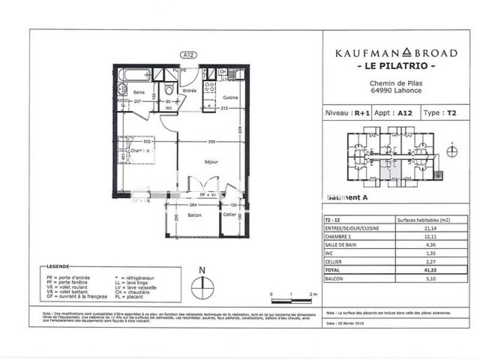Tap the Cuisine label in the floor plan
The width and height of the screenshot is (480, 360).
[231, 97]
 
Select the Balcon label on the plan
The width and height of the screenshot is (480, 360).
[194, 215]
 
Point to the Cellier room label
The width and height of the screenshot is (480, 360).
[229, 215]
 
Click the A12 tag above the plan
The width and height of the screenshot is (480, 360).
[188, 55]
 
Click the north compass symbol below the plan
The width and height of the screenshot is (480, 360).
[202, 286]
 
